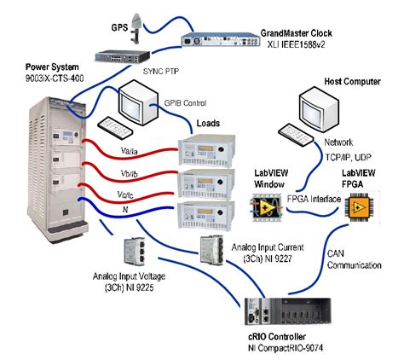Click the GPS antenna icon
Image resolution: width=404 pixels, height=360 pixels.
click(136, 28)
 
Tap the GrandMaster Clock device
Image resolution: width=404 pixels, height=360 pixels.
click(221, 39)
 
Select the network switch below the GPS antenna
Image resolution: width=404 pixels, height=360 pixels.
click(122, 56)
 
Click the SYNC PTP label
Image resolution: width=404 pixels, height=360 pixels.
click(161, 71)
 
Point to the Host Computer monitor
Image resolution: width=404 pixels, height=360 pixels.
click(319, 108)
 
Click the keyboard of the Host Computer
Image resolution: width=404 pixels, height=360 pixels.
click(296, 135)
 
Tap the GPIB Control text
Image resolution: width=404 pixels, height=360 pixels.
click(185, 103)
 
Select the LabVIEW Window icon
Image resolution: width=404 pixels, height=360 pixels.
click(266, 206)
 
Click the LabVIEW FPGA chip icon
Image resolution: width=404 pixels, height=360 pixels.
click(359, 206)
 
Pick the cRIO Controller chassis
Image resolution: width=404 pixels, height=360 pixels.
click(288, 311)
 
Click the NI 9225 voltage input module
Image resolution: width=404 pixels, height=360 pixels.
click(134, 252)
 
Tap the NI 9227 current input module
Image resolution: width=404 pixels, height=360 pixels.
click(211, 250)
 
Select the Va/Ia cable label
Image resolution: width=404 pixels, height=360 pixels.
click(129, 151)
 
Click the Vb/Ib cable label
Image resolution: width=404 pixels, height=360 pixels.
click(129, 173)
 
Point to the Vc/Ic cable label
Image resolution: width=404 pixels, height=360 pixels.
click(125, 195)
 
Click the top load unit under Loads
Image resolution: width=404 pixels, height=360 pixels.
click(206, 150)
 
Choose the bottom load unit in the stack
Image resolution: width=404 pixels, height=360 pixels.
click(206, 215)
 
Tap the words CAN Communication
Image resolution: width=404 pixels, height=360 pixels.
click(354, 259)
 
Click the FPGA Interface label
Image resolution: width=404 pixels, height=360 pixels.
click(314, 199)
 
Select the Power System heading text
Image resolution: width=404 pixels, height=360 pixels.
click(52, 67)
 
